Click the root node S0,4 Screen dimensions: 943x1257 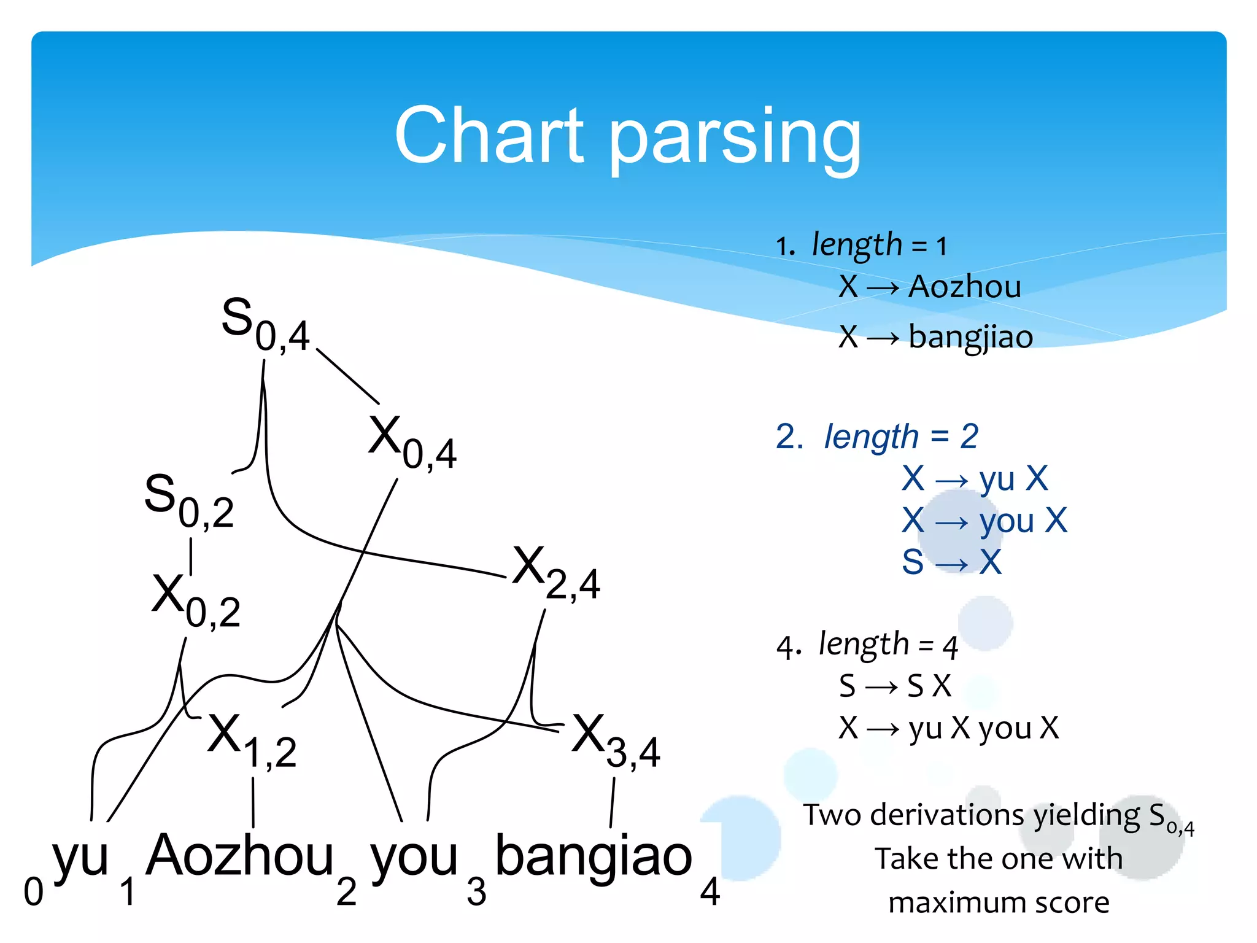[x=265, y=324]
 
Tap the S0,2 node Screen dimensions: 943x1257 [x=188, y=500]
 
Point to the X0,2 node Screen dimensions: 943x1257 [x=195, y=600]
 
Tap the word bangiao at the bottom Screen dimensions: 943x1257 [x=594, y=856]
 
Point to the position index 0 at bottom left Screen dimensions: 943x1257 [x=33, y=892]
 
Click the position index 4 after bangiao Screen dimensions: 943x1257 [x=710, y=892]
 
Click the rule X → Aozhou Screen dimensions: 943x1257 [x=929, y=287]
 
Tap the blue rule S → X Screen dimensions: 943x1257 [x=951, y=562]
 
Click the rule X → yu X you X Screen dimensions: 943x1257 [x=948, y=728]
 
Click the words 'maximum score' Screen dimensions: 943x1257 [x=999, y=902]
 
